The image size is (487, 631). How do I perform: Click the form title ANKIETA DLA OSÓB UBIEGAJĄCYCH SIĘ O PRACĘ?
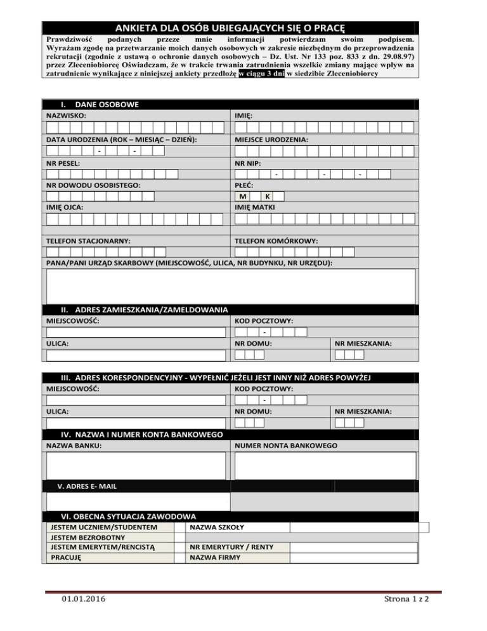click(x=230, y=29)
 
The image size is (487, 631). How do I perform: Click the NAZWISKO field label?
click(x=67, y=116)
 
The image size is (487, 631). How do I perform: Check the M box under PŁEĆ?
click(x=243, y=197)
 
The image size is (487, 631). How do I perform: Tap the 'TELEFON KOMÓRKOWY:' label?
click(x=276, y=241)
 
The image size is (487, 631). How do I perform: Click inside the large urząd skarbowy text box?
click(x=231, y=286)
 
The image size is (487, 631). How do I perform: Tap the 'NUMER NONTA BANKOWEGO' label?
click(x=286, y=446)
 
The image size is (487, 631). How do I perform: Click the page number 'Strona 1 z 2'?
click(x=402, y=599)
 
